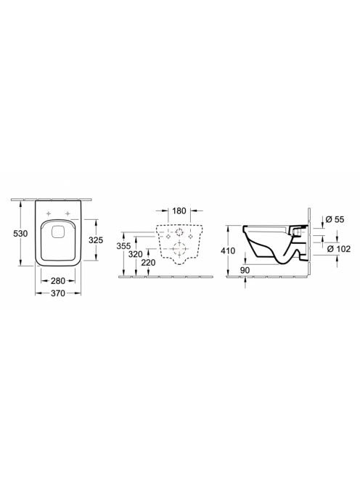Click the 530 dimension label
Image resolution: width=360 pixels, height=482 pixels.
point(20,233)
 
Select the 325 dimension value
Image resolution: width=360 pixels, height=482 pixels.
point(96,240)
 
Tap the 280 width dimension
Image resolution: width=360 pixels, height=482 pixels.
point(58,280)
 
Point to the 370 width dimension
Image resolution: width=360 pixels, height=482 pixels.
point(58,293)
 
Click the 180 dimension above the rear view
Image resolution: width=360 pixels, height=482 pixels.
point(179,211)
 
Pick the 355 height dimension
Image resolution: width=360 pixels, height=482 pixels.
point(123,246)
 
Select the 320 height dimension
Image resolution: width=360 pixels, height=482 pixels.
point(136,254)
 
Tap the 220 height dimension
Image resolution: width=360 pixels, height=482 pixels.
point(149,263)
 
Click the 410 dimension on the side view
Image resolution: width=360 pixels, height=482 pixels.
point(228,251)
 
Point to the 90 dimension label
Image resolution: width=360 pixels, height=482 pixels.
point(245,270)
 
